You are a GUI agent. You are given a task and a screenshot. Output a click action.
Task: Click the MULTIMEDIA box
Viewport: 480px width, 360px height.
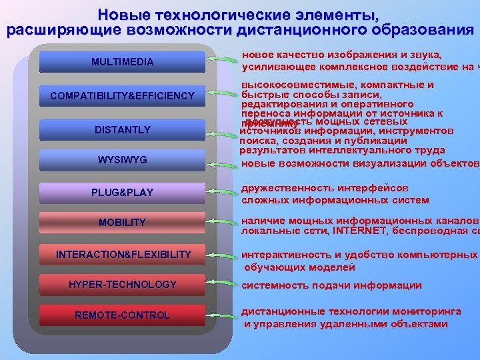pyautogui.click(x=122, y=62)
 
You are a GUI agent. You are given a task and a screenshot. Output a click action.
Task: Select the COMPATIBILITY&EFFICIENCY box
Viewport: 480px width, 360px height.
pyautogui.click(x=122, y=97)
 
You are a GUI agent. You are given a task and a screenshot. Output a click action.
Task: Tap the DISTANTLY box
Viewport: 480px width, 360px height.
pyautogui.click(x=122, y=129)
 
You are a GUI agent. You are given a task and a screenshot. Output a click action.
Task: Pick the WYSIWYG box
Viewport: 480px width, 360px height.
pyautogui.click(x=122, y=160)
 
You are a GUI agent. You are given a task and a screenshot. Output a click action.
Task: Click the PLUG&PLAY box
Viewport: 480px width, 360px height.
pyautogui.click(x=122, y=193)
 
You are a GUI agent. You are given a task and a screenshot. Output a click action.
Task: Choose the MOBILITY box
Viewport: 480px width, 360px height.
pyautogui.click(x=122, y=222)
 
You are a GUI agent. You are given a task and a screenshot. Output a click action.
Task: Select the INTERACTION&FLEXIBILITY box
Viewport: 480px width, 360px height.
pyautogui.click(x=122, y=255)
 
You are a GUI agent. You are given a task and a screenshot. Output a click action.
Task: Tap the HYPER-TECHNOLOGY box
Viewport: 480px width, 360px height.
pyautogui.click(x=122, y=285)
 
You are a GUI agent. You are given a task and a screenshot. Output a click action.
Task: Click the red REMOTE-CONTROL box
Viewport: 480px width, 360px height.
pyautogui.click(x=122, y=315)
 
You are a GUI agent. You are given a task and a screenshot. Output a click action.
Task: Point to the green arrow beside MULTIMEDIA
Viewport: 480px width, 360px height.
pyautogui.click(x=221, y=61)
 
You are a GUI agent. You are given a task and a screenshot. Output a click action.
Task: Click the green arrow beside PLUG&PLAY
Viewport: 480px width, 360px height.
pyautogui.click(x=221, y=192)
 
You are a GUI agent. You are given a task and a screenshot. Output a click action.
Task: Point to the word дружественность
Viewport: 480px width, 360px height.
pyautogui.click(x=287, y=188)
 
